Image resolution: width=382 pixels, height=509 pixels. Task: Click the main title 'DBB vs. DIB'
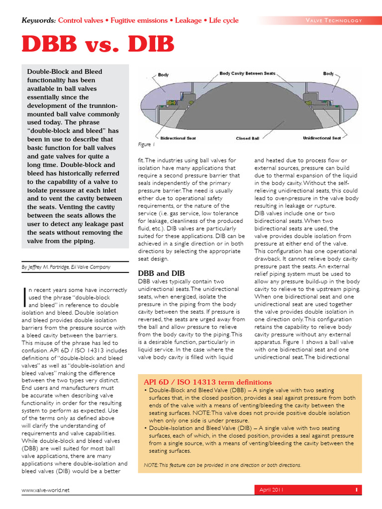point(98,44)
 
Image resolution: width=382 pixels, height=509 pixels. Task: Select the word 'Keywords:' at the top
point(39,20)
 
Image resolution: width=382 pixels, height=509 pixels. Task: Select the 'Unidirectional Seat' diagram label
point(322,138)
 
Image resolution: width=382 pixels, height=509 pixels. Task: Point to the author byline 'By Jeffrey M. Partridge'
point(66,267)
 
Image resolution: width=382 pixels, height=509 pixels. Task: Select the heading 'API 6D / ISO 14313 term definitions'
point(208,382)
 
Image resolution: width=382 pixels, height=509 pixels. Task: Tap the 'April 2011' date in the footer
point(272,490)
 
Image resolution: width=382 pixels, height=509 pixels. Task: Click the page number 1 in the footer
point(356,490)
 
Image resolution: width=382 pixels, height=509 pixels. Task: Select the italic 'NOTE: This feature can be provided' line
point(222,465)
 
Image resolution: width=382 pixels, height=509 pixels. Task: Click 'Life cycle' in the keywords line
point(224,20)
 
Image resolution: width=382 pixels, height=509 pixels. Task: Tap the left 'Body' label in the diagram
point(163,75)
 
